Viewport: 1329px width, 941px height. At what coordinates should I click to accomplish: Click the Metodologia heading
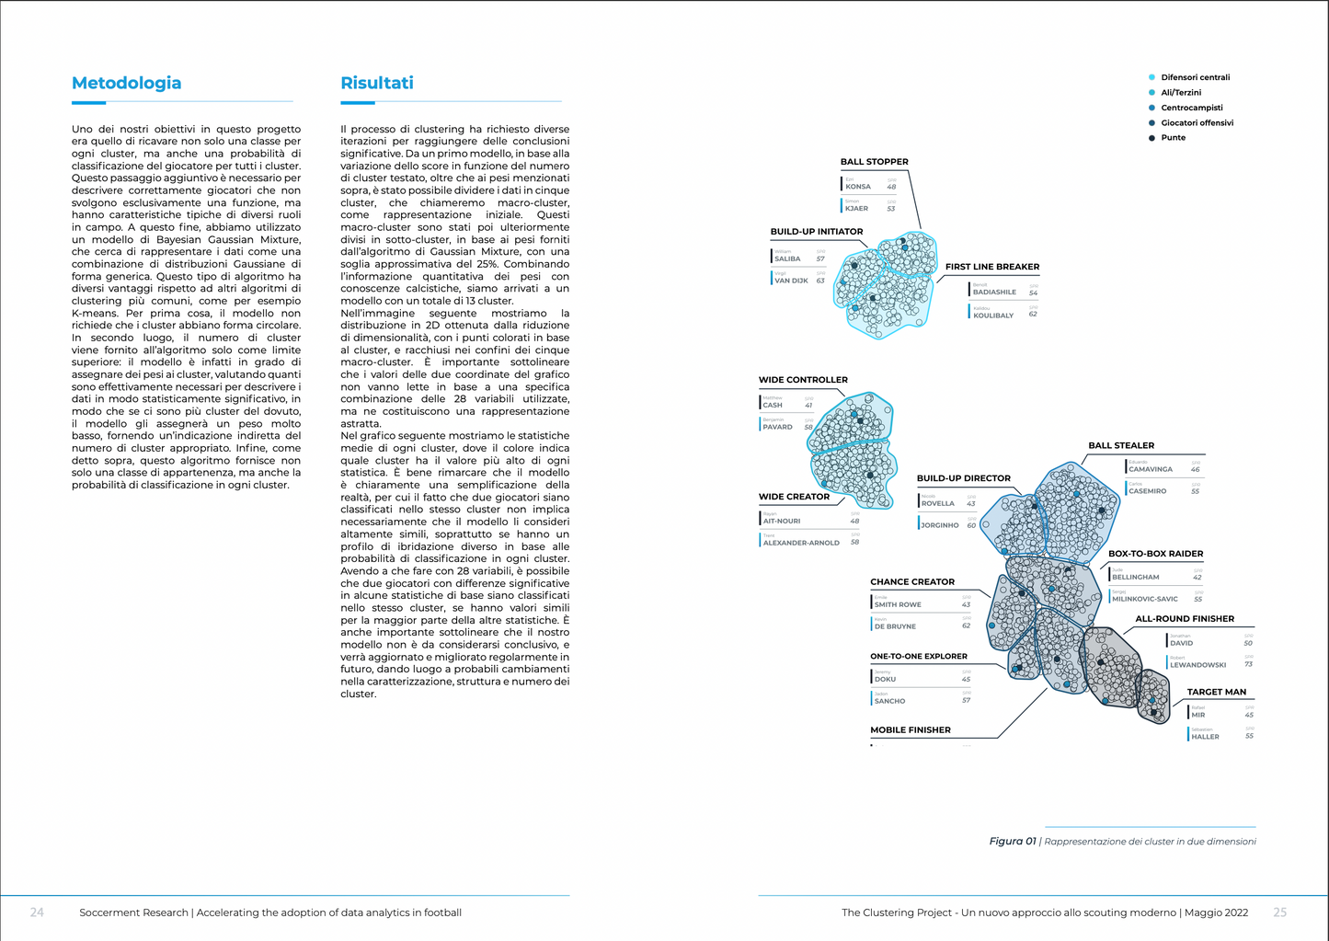point(126,84)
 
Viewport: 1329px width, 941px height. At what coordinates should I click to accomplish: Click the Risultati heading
point(377,84)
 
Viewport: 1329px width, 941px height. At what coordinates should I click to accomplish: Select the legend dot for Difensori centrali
point(1151,77)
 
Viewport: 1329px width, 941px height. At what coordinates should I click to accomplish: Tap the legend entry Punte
point(1173,138)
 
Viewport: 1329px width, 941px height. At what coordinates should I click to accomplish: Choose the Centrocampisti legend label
point(1191,108)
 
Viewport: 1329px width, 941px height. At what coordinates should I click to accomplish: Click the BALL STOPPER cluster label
point(874,162)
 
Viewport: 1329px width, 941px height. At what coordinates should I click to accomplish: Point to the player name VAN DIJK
point(791,281)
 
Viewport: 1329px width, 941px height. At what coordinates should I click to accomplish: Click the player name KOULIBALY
point(993,316)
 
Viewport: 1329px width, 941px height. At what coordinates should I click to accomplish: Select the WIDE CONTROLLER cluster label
point(803,380)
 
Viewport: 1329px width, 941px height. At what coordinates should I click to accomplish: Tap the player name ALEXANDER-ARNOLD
point(801,543)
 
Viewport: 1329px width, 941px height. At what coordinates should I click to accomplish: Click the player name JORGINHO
point(940,525)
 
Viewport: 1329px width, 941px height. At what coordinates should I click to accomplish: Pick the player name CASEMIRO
point(1147,491)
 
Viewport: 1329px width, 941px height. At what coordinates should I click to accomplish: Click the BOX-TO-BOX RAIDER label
point(1155,554)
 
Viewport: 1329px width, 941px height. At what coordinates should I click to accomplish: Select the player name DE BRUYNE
point(895,626)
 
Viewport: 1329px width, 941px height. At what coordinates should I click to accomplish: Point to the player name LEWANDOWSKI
point(1197,665)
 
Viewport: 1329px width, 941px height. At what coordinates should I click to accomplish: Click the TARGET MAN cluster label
point(1216,692)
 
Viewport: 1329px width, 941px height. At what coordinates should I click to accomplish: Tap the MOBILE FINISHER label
point(911,730)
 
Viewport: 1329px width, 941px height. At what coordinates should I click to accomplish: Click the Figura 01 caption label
point(1012,842)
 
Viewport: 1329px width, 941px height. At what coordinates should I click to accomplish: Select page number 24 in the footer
point(37,912)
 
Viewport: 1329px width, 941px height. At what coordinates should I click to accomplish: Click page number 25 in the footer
point(1279,912)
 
